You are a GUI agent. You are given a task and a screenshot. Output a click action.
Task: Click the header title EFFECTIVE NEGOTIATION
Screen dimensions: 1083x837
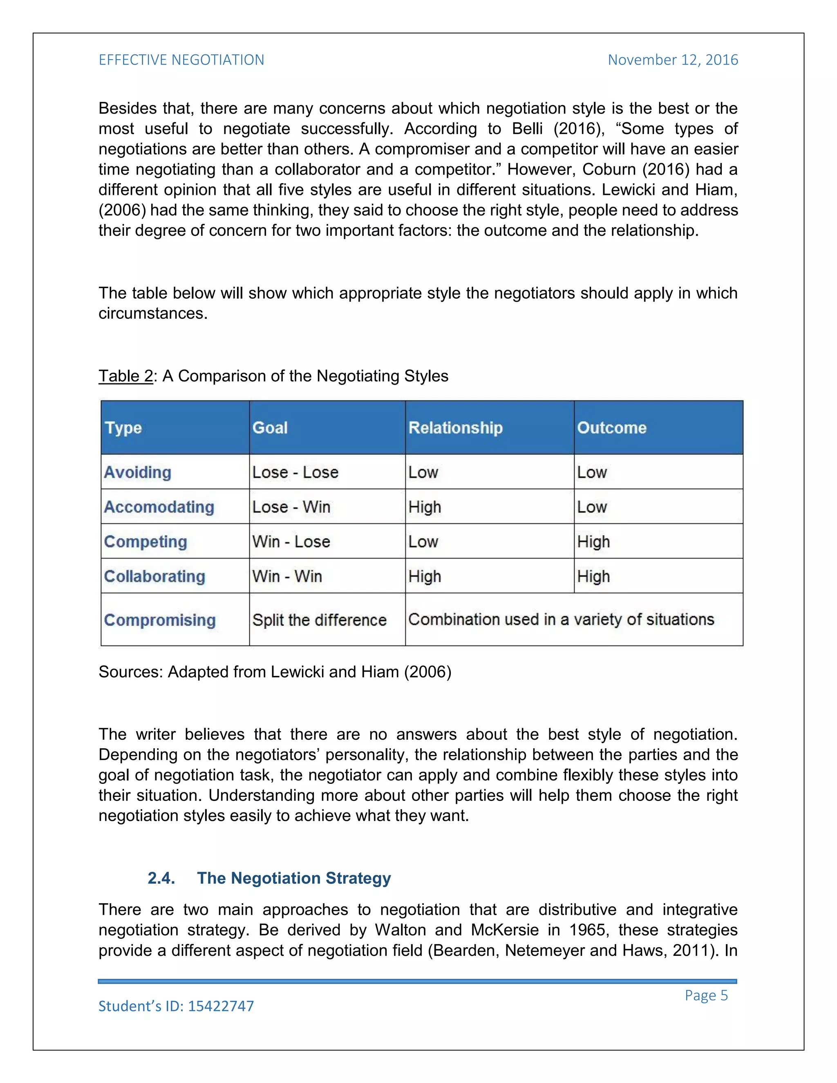[181, 60]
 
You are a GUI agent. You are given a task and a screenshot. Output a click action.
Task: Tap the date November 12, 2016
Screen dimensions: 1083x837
[672, 60]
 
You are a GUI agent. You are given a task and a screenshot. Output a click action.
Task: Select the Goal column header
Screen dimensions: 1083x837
[270, 427]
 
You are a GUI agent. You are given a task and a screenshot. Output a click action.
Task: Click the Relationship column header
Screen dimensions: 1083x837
[455, 427]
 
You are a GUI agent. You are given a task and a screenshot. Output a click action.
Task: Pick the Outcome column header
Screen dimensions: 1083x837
[611, 427]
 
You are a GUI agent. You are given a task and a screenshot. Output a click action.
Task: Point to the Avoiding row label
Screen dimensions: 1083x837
[137, 472]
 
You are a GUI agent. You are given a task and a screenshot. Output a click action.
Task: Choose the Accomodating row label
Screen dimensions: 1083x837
[159, 507]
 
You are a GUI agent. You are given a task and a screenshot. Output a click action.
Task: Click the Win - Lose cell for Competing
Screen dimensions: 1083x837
[291, 541]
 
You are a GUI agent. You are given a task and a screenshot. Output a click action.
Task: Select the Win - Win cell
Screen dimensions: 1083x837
[287, 576]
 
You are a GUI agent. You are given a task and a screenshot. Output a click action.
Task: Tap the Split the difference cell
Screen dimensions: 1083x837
[319, 620]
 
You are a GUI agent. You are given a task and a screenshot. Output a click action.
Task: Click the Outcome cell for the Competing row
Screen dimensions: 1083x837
[593, 541]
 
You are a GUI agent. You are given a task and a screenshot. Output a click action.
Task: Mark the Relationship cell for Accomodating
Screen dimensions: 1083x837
[425, 507]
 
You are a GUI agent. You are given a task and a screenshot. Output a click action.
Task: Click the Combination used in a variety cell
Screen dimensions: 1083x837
[561, 619]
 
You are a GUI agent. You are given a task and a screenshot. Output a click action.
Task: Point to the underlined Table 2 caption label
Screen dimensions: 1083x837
[125, 376]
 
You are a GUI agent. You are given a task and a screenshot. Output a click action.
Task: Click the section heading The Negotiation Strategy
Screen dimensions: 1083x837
[294, 878]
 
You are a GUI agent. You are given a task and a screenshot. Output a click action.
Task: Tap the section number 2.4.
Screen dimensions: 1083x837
[161, 878]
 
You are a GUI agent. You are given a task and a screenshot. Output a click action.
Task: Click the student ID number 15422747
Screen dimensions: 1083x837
[221, 1006]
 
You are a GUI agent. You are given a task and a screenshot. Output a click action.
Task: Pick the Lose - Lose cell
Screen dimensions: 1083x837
[295, 472]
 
